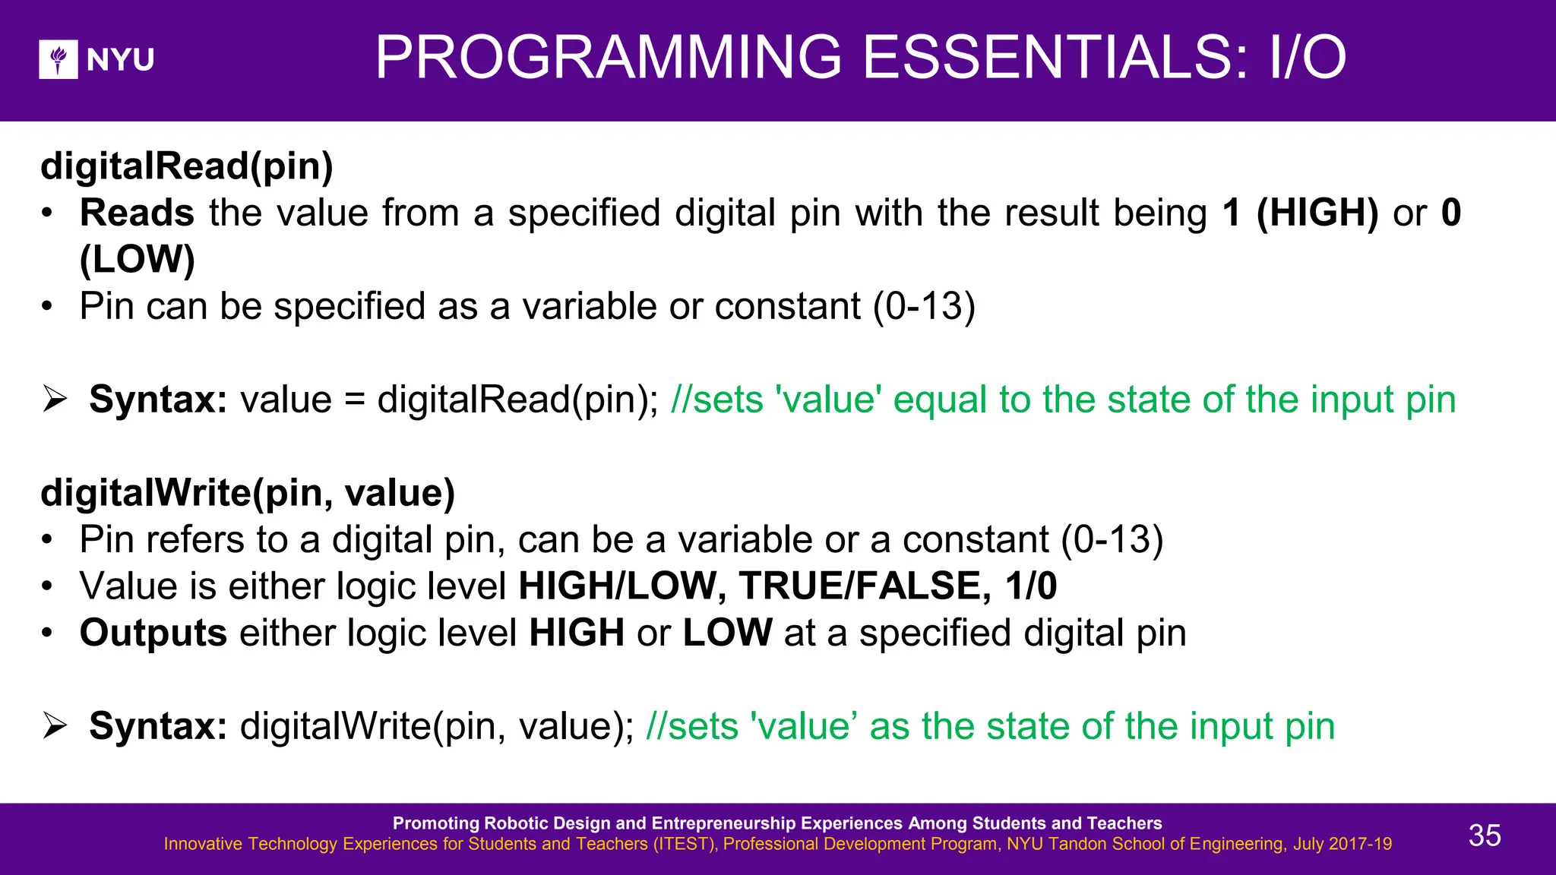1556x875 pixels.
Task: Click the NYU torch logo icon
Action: [x=59, y=59]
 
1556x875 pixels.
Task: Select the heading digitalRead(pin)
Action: [x=187, y=166]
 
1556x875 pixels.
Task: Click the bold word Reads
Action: [x=137, y=213]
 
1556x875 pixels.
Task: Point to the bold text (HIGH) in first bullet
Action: [x=1317, y=213]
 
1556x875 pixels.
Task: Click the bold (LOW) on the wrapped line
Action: [x=138, y=260]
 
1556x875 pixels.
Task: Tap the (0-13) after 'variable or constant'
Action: [x=924, y=307]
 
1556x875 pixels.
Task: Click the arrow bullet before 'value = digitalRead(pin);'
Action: [x=55, y=399]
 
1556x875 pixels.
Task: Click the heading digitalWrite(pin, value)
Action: [x=248, y=493]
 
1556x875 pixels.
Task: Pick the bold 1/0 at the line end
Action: [x=1030, y=586]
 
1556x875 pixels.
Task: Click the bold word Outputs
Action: [x=153, y=633]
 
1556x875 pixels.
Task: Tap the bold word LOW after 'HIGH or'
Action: [x=727, y=633]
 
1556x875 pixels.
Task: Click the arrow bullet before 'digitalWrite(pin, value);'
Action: [x=55, y=725]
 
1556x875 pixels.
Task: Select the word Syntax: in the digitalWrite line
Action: [x=158, y=727]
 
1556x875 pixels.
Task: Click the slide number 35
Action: [x=1484, y=836]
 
